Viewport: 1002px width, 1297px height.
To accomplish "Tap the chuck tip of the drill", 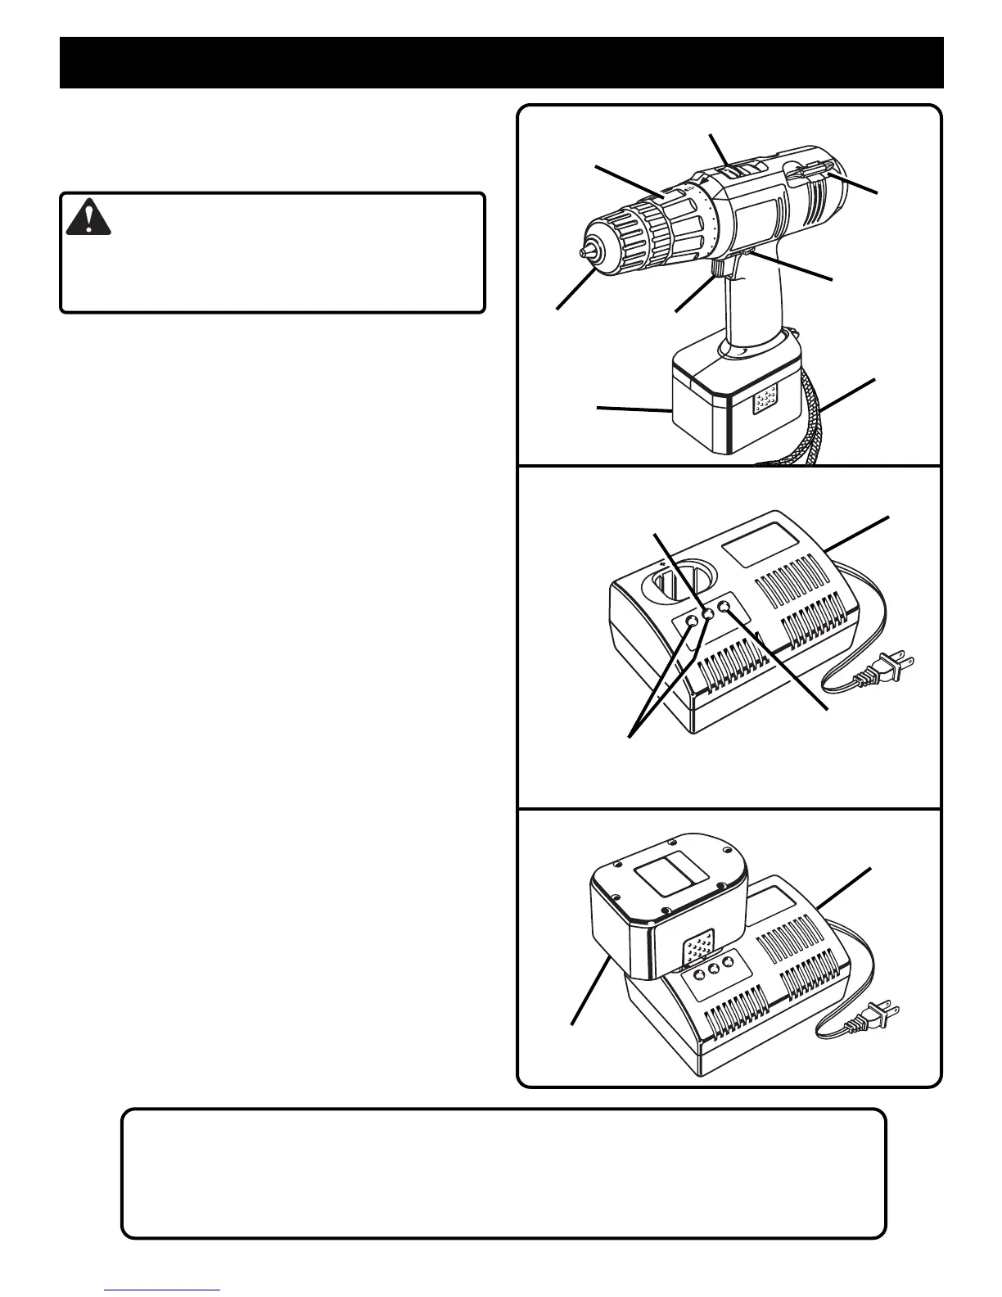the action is [587, 254].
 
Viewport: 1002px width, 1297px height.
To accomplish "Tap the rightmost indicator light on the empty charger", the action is [724, 607].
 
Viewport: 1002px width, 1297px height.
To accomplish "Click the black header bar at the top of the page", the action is [501, 62].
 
